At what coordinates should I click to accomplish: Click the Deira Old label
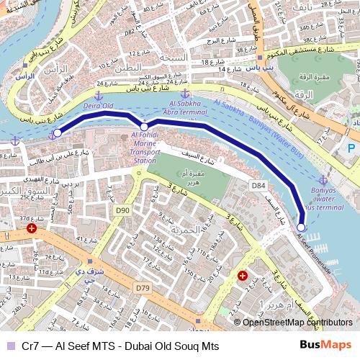pos(99,106)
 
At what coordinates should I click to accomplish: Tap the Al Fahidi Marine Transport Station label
pos(144,147)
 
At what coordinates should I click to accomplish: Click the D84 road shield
pos(260,186)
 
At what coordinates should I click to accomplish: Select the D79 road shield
pos(142,288)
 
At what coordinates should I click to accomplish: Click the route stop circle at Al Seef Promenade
pos(301,227)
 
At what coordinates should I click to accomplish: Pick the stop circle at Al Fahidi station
pos(144,127)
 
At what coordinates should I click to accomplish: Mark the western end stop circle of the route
pos(57,132)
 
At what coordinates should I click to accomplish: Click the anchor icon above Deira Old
pos(99,94)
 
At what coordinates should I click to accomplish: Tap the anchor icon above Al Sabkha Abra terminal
pos(185,94)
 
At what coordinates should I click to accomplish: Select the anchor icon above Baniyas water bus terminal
pos(323,179)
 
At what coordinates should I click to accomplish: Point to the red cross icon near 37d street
pos(31,228)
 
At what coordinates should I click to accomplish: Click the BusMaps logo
pos(325,346)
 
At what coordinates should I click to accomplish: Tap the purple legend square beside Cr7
pos(9,346)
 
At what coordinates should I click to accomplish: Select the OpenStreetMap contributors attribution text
pos(297,322)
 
